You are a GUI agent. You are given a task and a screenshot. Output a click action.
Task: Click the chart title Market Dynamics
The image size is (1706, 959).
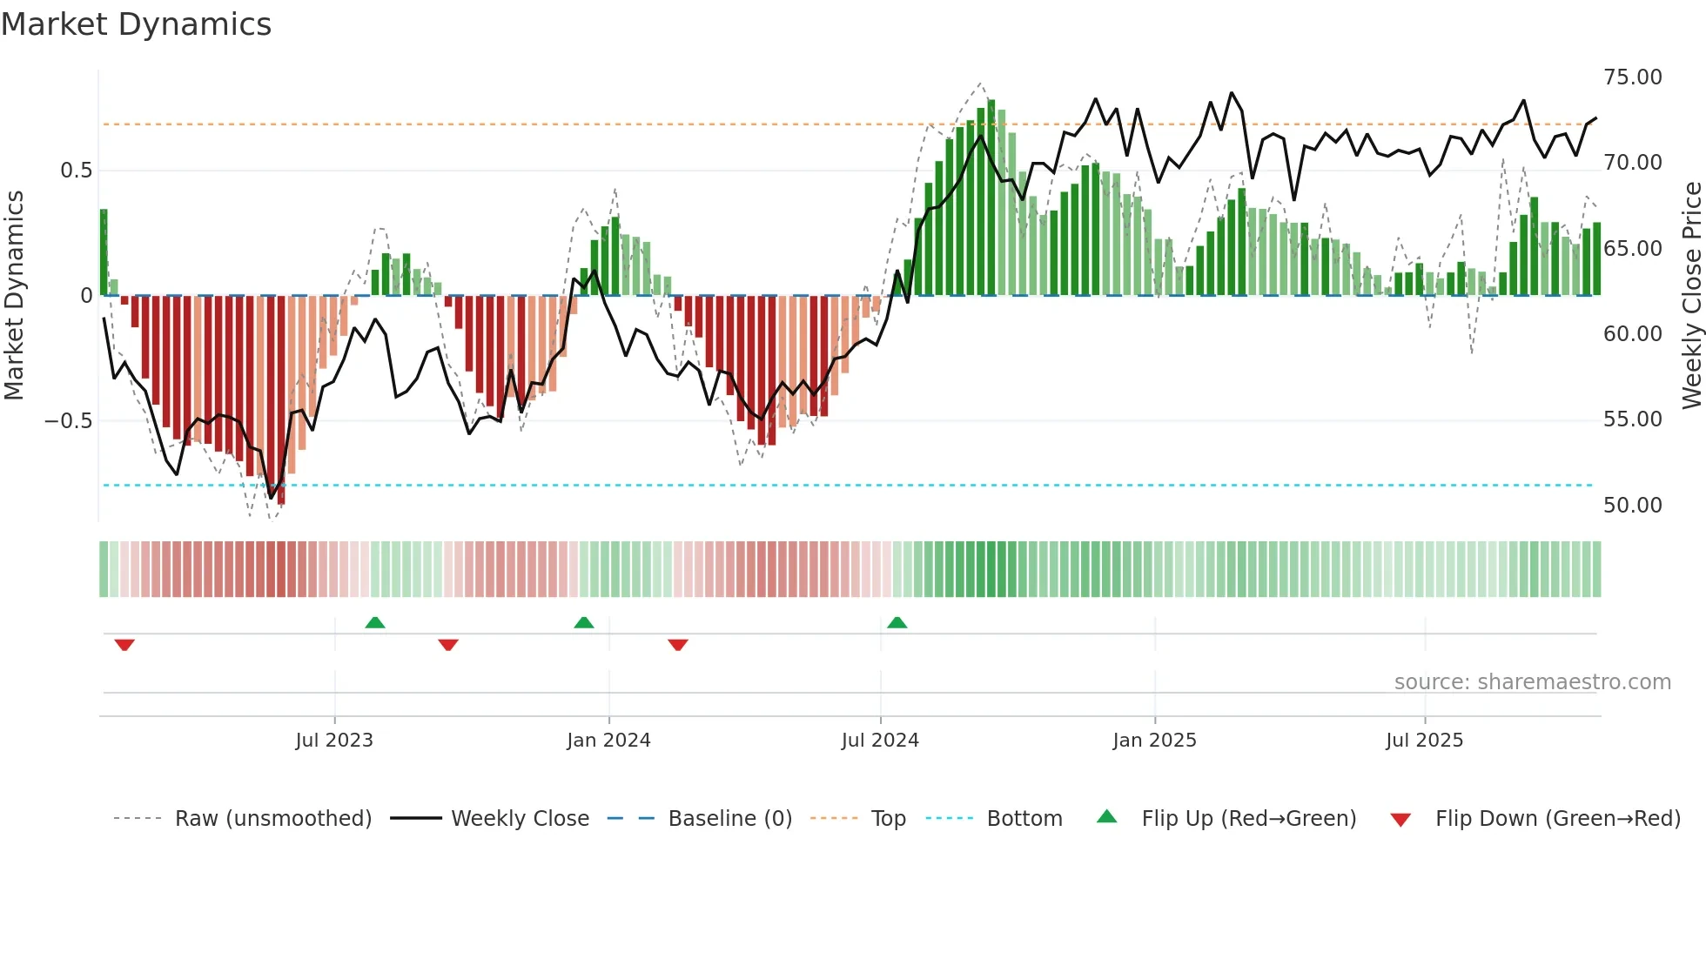137,24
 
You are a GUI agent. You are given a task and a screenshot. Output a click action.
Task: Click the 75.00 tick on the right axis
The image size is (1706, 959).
1632,77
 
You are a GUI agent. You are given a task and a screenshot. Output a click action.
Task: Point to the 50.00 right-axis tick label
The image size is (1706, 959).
1632,506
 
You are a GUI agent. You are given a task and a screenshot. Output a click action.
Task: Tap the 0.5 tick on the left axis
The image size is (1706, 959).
76,171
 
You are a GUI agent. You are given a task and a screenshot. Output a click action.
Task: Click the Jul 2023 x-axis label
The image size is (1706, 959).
334,741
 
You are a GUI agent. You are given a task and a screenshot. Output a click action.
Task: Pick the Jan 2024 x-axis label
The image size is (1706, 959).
608,741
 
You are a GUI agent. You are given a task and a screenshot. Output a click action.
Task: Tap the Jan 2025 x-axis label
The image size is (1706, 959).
1154,741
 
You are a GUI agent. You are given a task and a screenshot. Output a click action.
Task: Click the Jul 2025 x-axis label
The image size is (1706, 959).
1424,741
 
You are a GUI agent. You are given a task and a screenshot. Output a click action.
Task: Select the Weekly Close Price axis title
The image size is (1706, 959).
1691,296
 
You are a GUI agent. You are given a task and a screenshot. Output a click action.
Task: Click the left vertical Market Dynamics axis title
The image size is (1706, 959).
14,296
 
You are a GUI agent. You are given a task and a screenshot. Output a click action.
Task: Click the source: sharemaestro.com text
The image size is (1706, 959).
1532,682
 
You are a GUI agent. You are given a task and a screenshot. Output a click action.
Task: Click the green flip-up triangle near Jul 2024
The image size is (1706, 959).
897,622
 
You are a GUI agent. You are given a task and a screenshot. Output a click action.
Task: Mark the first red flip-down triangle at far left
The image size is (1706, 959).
124,645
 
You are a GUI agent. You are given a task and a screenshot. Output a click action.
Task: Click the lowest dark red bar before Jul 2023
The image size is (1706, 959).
281,400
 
